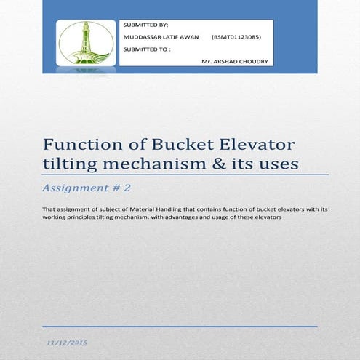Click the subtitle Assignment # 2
pos(87,188)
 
